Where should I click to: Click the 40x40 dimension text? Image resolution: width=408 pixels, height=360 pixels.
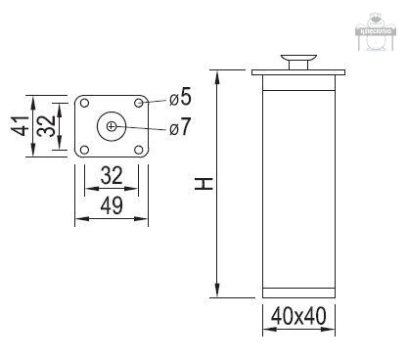tap(297, 317)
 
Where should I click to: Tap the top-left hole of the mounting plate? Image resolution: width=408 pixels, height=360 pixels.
tap(85, 102)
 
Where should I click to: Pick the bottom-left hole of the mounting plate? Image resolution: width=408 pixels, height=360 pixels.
tap(85, 148)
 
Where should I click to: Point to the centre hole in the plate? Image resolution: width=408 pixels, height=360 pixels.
tap(112, 125)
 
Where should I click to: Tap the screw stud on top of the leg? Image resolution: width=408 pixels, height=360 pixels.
tap(298, 64)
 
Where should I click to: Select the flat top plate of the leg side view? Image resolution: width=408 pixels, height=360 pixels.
tap(298, 74)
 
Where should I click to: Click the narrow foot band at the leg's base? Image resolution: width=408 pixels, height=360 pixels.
tap(298, 290)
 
